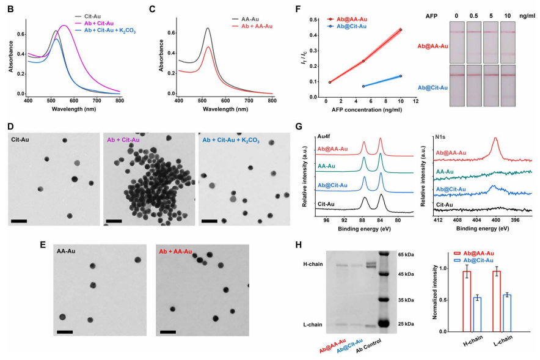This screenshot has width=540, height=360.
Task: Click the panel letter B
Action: [x=9, y=10]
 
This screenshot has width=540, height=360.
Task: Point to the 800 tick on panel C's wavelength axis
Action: [x=271, y=100]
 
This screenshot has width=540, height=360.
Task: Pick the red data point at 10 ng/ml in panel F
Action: [x=401, y=30]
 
